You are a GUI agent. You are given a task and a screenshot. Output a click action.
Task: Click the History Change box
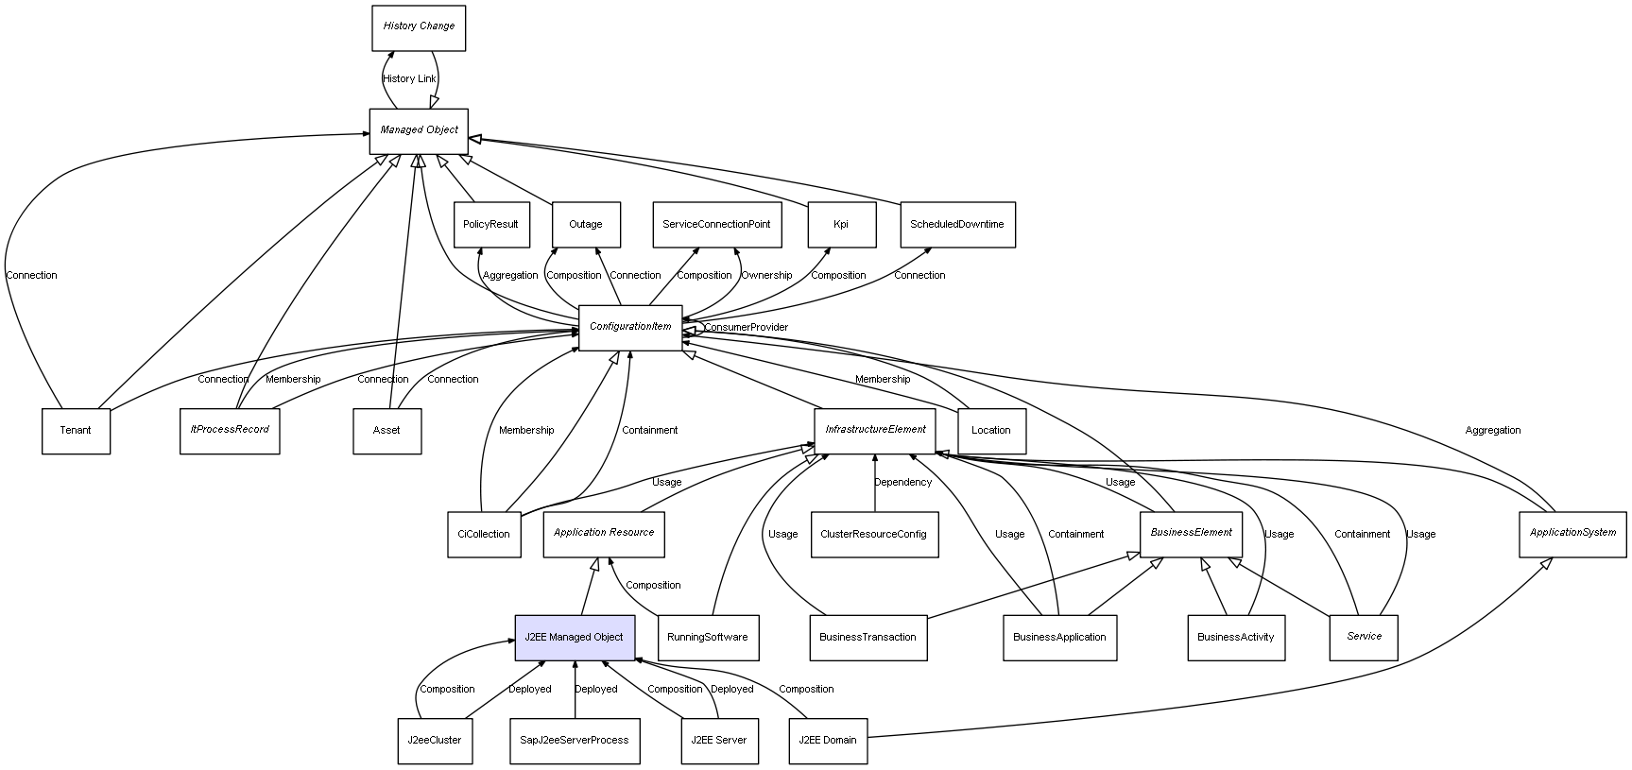[419, 27]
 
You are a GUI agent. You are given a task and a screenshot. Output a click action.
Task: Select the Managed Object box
[419, 130]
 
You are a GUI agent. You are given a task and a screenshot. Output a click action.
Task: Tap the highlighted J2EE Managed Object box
[574, 638]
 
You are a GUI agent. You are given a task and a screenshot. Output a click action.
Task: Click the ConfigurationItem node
[630, 327]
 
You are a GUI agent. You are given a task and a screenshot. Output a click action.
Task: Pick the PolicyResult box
[490, 225]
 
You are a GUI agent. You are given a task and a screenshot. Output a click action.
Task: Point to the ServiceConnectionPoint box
[716, 225]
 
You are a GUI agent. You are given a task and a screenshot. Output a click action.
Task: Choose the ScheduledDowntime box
[957, 225]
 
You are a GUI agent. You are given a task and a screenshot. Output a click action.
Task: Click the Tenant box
[76, 431]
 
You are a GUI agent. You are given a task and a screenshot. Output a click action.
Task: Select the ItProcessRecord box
[230, 430]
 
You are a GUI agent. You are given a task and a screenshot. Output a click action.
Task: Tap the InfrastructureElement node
[875, 430]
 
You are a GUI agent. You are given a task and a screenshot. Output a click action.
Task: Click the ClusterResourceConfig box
[874, 535]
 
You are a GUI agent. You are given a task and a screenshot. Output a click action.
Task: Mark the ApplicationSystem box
[1572, 533]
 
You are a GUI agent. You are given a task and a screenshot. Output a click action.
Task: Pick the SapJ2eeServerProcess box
[575, 741]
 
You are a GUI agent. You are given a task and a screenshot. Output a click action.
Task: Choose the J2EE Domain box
[828, 741]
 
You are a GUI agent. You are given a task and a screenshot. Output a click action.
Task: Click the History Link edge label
[409, 79]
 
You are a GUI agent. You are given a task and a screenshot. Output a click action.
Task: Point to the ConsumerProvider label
[746, 328]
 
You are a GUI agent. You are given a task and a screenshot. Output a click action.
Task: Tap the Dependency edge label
[902, 483]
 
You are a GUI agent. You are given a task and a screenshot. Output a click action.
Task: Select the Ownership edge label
[766, 276]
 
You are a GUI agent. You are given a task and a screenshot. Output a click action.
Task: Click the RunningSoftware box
[708, 638]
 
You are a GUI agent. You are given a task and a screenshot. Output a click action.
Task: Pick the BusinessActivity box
[1236, 638]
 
